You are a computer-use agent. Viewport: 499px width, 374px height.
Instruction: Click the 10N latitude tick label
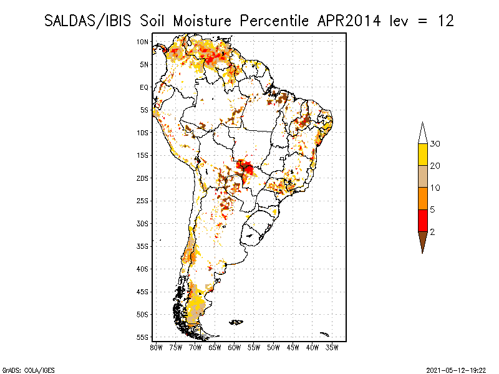[143, 42]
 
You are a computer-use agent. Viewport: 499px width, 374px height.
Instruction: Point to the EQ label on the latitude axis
[144, 87]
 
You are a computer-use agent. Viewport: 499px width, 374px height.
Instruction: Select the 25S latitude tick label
[143, 201]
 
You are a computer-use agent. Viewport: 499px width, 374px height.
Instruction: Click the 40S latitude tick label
[143, 269]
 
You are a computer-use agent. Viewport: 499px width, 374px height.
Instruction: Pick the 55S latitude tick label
[143, 337]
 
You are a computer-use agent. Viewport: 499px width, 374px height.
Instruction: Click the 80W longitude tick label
[157, 347]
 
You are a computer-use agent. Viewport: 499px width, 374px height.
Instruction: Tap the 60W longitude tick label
[235, 347]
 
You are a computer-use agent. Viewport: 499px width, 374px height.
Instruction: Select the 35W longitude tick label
[332, 347]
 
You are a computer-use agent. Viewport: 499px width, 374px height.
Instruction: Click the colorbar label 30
[435, 144]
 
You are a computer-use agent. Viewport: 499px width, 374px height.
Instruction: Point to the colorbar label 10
[435, 188]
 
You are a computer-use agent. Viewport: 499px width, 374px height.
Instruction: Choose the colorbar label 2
[432, 232]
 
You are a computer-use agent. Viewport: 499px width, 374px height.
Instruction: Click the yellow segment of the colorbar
[423, 155]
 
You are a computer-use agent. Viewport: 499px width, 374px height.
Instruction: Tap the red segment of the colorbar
[423, 220]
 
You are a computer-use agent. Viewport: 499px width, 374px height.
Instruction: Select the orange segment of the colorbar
[423, 198]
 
